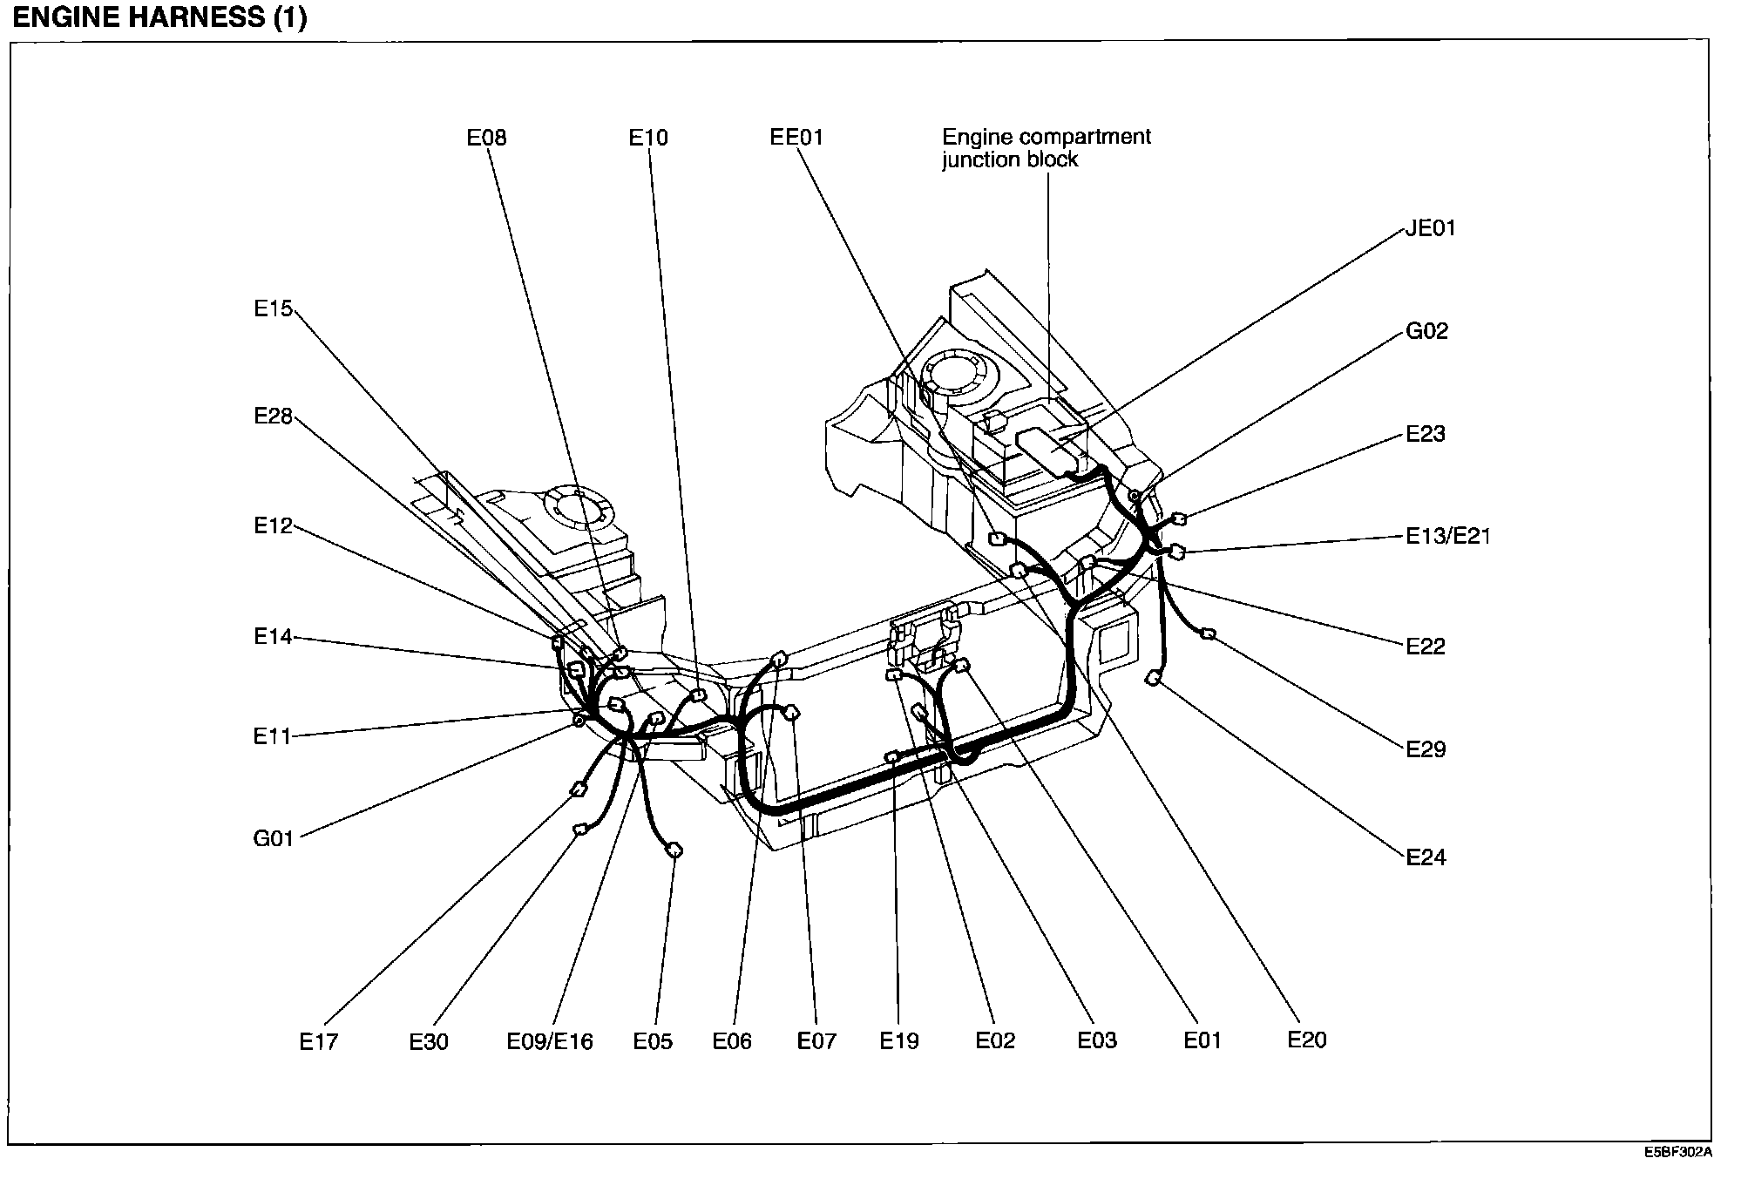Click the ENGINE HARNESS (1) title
(x=159, y=17)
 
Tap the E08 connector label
(x=486, y=137)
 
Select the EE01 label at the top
(x=796, y=137)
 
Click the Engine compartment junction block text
(x=1046, y=148)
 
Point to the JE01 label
(x=1430, y=228)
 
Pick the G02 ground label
(x=1426, y=331)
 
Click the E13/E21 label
(x=1448, y=536)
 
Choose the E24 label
(x=1426, y=857)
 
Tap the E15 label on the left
(x=274, y=308)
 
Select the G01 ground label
(x=274, y=839)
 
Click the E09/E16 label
(x=550, y=1041)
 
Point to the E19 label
(x=899, y=1040)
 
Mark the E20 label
(x=1307, y=1040)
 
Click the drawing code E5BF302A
(x=1678, y=1152)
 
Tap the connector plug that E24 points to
(x=1154, y=677)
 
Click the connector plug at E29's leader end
(x=1208, y=633)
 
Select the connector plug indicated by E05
(x=674, y=850)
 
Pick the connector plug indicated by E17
(x=577, y=790)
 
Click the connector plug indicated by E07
(x=792, y=715)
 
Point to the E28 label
(x=274, y=417)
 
